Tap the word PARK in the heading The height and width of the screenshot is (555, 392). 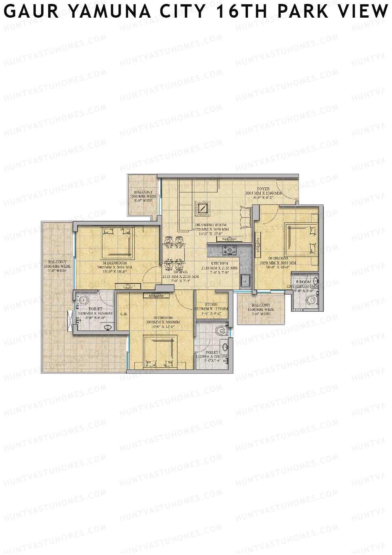pos(302,12)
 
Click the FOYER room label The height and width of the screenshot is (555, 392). pos(263,189)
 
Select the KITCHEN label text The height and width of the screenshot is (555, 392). pos(220,263)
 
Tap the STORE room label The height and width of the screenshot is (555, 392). pos(211,304)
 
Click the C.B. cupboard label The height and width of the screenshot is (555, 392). pos(123,314)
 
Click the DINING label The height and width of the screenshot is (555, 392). pos(181,272)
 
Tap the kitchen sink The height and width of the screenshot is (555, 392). pos(245,280)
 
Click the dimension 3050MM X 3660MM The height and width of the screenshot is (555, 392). pos(163,322)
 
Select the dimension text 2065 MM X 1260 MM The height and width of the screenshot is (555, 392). pos(263,193)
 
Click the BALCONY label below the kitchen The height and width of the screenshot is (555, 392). pos(261,305)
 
